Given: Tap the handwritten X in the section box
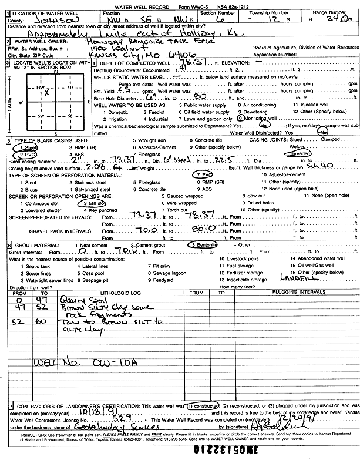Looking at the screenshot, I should (46, 93).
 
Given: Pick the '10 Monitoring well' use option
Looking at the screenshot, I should (258, 119).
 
